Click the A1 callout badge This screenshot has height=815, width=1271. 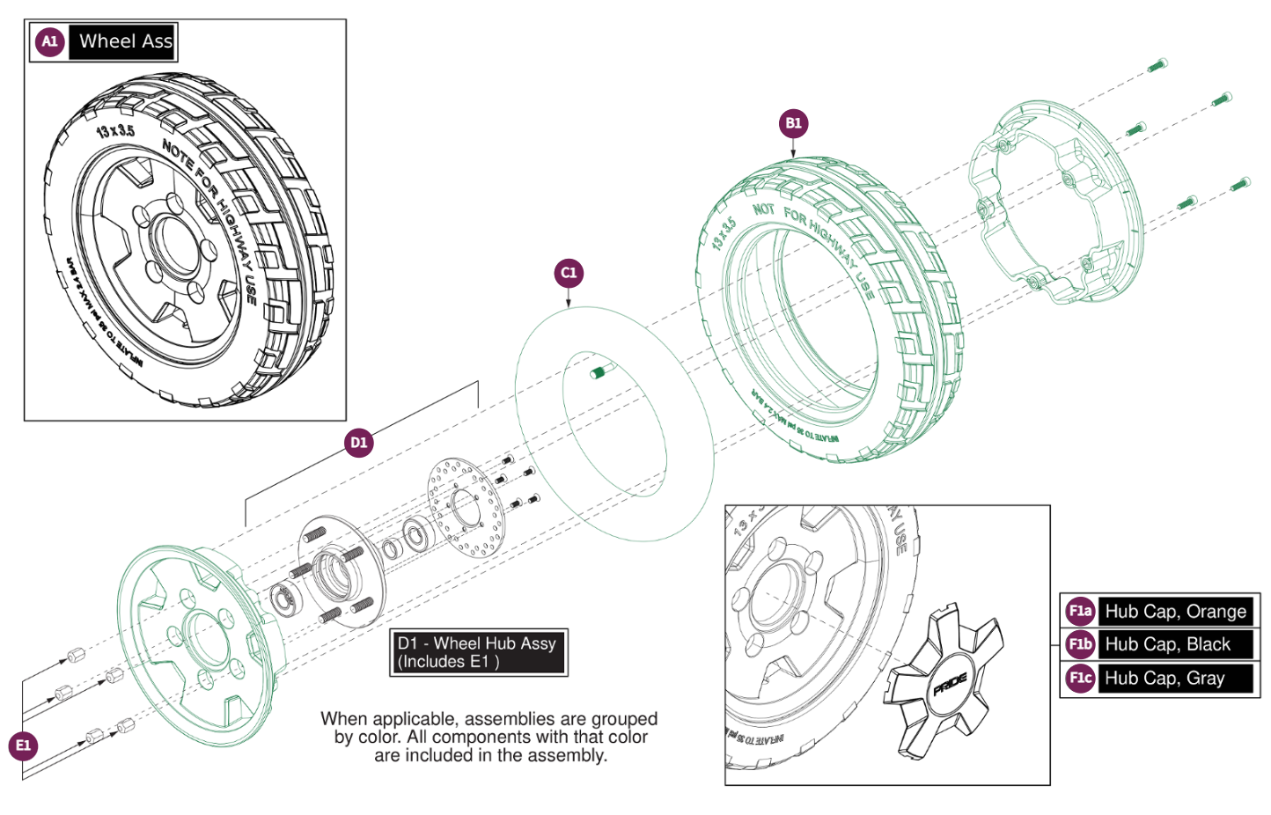50,41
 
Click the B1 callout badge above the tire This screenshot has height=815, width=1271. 793,123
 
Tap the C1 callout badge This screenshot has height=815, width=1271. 569,273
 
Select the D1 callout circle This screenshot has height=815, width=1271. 358,442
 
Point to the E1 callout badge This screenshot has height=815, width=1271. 24,745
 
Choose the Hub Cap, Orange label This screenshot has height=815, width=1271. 1175,611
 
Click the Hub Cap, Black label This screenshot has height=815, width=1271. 1167,644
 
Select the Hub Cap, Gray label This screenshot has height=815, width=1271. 1164,678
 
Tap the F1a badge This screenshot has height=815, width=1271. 1080,611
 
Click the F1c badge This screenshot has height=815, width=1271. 1080,678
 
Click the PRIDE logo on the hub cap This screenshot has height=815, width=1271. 950,684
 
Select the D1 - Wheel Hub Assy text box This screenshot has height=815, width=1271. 478,652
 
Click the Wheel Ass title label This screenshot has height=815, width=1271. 124,41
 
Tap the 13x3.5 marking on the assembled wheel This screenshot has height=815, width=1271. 115,131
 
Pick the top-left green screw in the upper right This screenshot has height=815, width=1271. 1157,65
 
